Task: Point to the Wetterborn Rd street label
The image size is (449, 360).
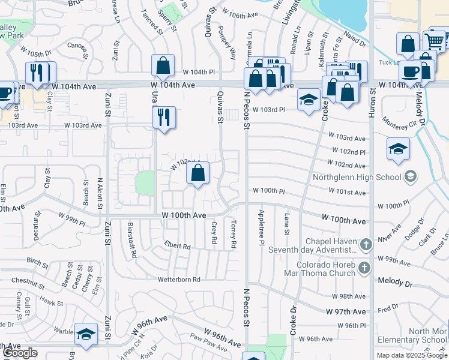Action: [x=179, y=280]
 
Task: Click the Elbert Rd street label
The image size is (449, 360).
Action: [x=178, y=246]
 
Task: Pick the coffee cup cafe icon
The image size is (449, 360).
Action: [x=411, y=71]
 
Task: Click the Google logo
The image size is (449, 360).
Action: [x=20, y=353]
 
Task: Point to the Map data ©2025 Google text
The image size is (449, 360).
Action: [x=412, y=355]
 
